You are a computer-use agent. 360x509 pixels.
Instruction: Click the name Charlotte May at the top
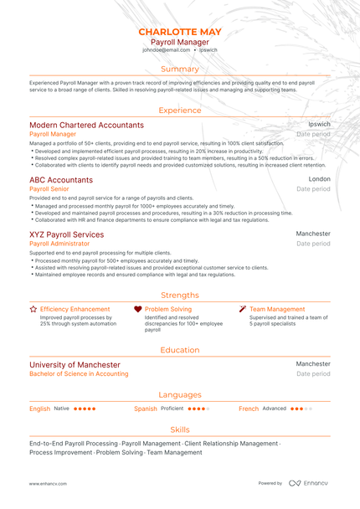(x=180, y=32)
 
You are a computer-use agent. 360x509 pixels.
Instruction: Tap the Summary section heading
(x=180, y=69)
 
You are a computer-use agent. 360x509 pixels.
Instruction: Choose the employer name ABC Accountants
(x=61, y=180)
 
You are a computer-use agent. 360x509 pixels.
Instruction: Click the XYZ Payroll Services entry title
(x=67, y=234)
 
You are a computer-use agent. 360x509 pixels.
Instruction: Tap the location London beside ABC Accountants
(x=319, y=179)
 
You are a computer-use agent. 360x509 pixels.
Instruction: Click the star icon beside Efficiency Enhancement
(x=33, y=309)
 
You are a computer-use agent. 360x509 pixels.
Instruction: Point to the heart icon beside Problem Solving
(x=137, y=309)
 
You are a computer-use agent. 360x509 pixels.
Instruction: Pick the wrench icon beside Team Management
(x=243, y=309)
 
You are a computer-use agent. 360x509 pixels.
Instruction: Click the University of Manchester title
(x=75, y=365)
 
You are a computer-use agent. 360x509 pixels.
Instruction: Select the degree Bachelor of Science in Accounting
(x=79, y=374)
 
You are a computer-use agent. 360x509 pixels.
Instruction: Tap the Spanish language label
(x=146, y=409)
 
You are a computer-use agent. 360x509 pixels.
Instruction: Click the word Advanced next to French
(x=274, y=409)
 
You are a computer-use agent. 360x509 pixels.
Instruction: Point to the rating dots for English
(x=85, y=409)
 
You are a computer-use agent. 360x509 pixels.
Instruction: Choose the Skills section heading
(x=180, y=429)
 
